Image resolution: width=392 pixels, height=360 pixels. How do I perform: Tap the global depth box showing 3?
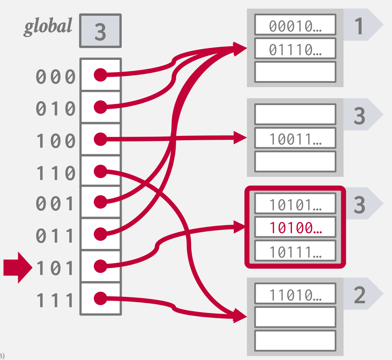coord(100,31)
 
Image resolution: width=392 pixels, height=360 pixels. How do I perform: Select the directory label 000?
coord(56,77)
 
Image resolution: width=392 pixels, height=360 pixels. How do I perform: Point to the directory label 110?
coord(56,173)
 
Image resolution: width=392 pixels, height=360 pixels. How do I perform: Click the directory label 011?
coord(56,236)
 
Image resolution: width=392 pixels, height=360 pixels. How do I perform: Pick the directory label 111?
coord(56,301)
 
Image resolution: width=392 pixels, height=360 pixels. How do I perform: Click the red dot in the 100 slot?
coord(101,139)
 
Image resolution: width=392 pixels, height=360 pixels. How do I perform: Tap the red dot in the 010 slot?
coord(101,107)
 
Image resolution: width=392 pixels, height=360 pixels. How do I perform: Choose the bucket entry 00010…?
coord(295,26)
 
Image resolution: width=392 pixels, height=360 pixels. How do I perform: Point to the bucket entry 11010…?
coord(295,294)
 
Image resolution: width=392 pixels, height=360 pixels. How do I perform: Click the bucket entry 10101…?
coord(295,204)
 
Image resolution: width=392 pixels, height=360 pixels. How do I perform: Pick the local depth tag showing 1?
coord(359,26)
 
